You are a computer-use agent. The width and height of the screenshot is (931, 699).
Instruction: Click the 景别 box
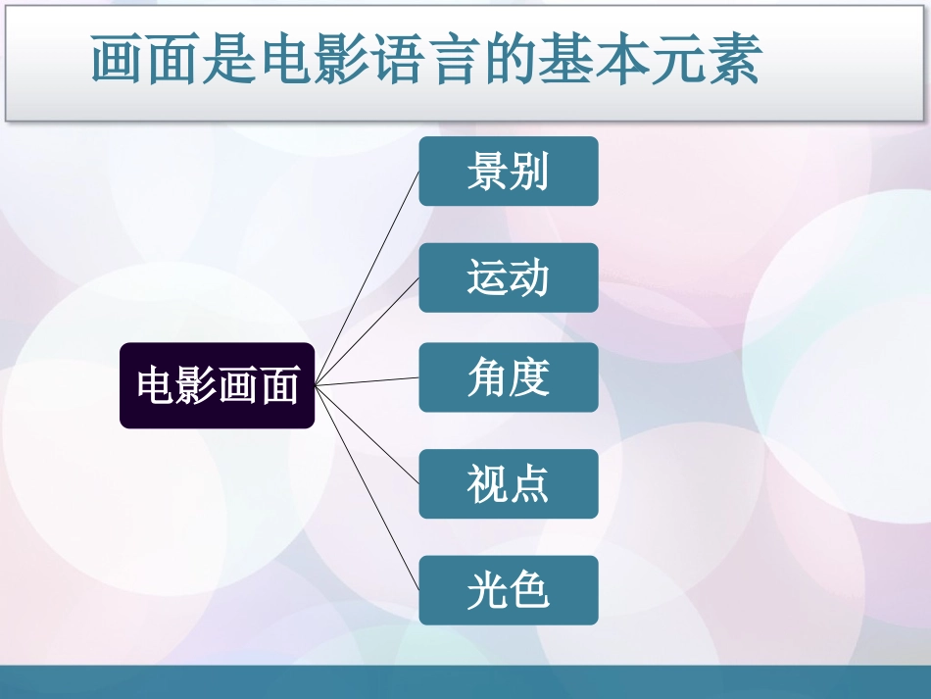click(508, 172)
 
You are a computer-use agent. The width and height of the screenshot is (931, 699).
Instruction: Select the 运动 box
click(508, 277)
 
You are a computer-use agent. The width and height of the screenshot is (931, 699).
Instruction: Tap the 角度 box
click(508, 377)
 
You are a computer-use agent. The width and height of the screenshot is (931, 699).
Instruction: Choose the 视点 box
click(508, 483)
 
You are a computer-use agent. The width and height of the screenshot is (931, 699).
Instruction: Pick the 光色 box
click(508, 590)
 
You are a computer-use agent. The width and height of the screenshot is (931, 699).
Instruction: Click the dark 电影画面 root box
click(217, 385)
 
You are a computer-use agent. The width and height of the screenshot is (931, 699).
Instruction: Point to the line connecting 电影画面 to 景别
click(367, 277)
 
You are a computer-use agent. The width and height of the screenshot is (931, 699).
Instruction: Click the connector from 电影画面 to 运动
click(367, 330)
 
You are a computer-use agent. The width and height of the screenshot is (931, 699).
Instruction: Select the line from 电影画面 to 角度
click(367, 381)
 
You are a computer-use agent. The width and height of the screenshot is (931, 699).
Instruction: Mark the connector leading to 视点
click(367, 434)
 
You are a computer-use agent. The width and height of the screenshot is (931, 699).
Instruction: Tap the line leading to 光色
click(367, 487)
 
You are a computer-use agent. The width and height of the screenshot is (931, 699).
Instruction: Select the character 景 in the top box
click(486, 172)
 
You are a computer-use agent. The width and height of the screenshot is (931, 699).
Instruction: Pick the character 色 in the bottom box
click(529, 590)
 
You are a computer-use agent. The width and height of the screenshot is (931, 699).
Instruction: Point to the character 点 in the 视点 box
click(529, 483)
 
